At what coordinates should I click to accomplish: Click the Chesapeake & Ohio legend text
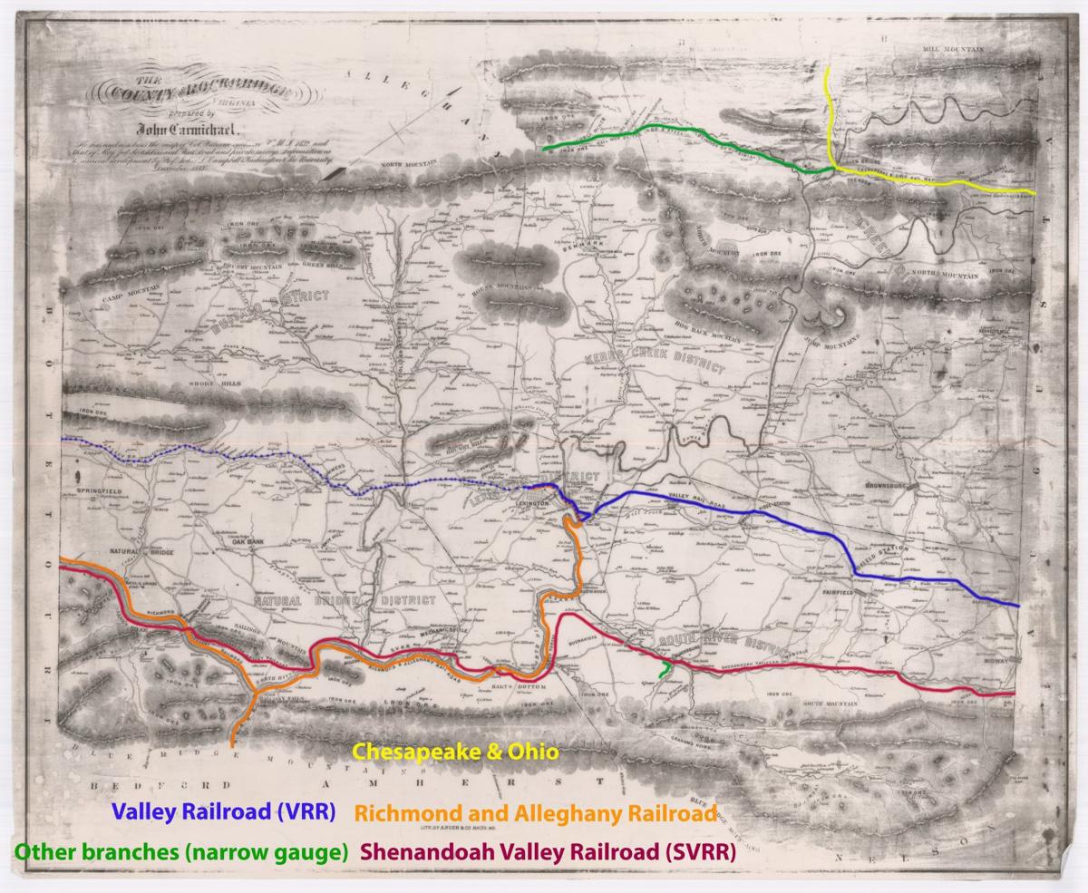[455, 752]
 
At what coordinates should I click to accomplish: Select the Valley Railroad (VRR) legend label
[223, 811]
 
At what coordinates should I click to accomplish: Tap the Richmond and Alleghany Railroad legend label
[536, 811]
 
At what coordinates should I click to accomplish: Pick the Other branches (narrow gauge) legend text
[180, 852]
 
